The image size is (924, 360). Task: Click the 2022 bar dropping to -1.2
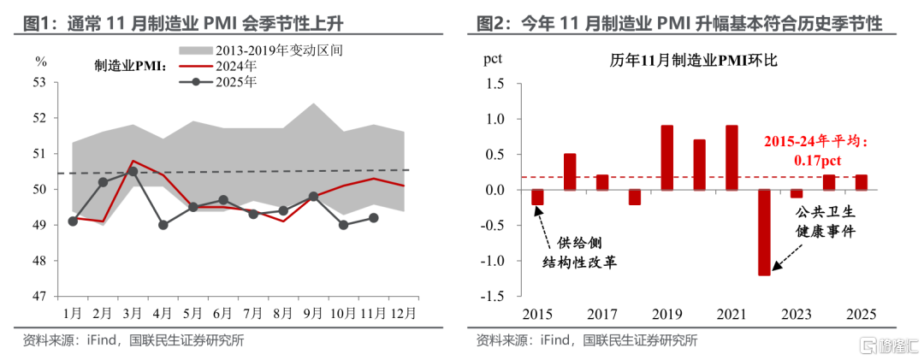[764, 232]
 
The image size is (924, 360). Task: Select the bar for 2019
[667, 157]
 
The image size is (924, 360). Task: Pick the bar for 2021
[731, 157]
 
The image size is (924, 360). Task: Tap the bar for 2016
[570, 172]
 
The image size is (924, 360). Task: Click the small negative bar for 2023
[797, 193]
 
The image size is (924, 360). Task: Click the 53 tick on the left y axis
[39, 84]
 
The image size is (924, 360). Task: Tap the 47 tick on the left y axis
[39, 297]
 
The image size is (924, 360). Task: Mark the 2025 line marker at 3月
[133, 171]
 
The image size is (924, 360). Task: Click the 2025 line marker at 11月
[373, 217]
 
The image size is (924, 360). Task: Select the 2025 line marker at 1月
[73, 221]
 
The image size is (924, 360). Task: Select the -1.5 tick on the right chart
[496, 297]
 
